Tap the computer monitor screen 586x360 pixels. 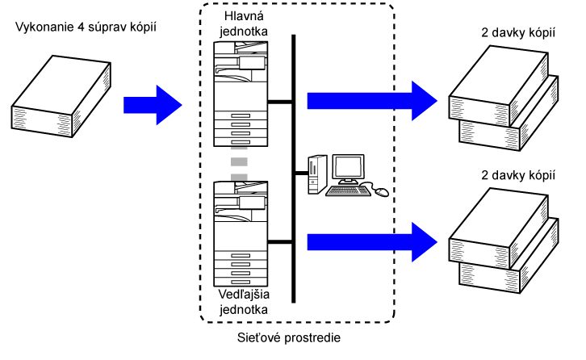350,168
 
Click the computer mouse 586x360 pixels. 380,192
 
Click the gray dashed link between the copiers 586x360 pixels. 238,162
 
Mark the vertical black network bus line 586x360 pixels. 293,161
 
